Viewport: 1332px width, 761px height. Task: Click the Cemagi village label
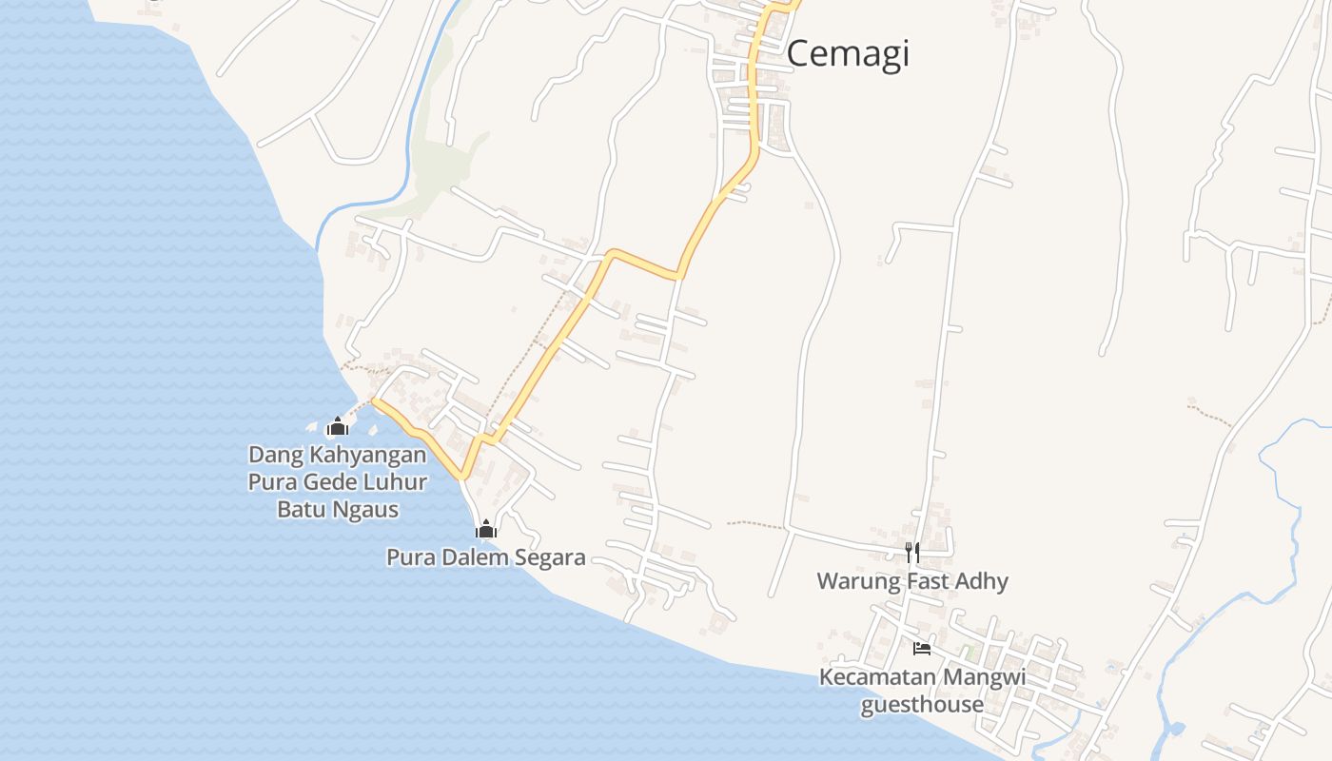(848, 53)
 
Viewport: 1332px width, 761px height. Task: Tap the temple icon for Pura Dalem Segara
(486, 530)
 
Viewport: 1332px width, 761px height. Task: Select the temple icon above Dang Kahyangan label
(337, 427)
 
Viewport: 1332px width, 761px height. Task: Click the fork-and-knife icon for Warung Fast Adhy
(911, 553)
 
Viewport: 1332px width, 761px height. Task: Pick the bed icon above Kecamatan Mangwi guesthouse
(921, 649)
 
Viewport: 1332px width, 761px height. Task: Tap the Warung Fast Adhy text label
(911, 580)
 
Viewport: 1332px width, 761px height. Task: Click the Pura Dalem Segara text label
(485, 557)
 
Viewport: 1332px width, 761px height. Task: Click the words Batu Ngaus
(337, 509)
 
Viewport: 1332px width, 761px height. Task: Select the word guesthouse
(922, 705)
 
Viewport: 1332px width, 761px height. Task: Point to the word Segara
(550, 557)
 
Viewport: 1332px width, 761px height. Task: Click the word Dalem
(476, 557)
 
